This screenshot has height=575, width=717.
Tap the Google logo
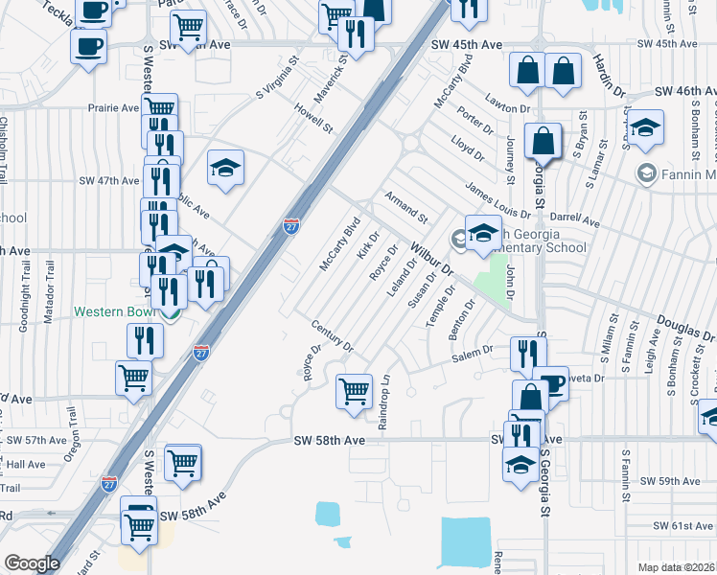point(31,563)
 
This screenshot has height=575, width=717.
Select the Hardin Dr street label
point(609,73)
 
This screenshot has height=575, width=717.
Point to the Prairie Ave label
point(115,108)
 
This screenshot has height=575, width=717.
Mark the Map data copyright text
point(677,567)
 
